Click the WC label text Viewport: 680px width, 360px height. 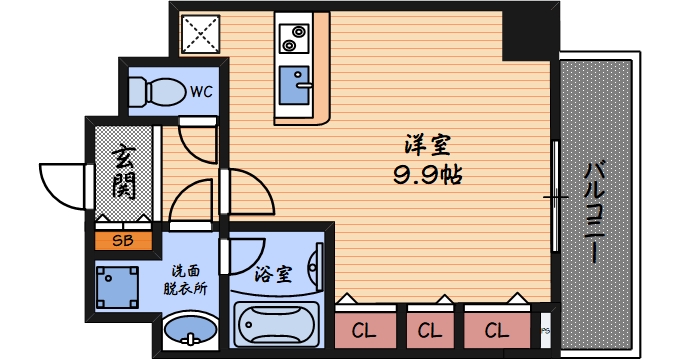coord(202,92)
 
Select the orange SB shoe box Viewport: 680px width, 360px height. coord(123,240)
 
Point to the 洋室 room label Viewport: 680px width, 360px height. coord(427,146)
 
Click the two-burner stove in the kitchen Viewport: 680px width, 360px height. coord(296,41)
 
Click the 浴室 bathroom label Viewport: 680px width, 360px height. coord(272,273)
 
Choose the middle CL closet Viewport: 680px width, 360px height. coord(430,329)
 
